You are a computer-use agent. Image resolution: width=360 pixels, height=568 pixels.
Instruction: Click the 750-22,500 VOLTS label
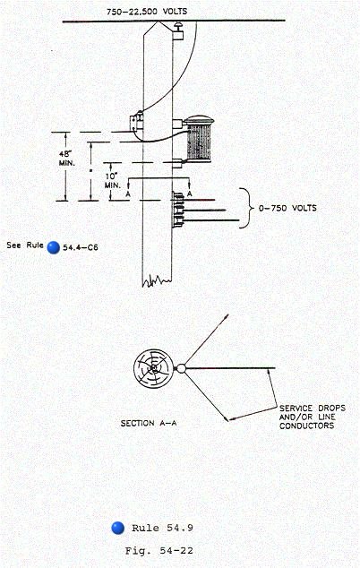(147, 12)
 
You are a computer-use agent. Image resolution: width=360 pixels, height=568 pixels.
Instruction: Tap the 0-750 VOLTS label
(287, 208)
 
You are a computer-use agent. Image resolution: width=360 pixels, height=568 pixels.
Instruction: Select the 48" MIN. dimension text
(67, 159)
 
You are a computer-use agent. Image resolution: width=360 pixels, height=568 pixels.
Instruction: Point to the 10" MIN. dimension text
(113, 180)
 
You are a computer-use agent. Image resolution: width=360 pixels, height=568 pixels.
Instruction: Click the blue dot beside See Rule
(53, 247)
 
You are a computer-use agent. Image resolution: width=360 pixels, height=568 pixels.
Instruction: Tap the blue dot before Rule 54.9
(117, 528)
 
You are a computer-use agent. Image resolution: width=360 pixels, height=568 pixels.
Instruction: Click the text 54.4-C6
(81, 248)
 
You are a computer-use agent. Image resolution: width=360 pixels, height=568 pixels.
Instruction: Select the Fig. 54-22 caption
(159, 551)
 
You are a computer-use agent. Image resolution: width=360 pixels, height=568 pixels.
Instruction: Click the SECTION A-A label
(149, 423)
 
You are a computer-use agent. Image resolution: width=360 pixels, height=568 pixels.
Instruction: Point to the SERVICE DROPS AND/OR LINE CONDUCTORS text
(313, 417)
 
